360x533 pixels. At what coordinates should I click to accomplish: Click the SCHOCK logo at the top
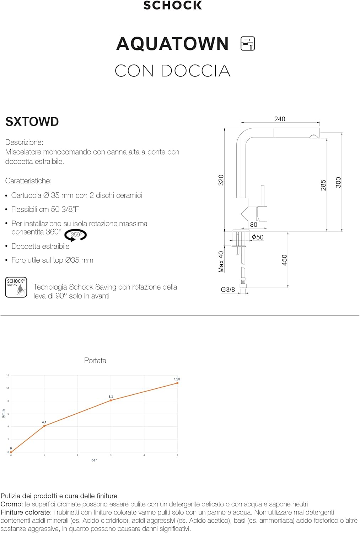point(172,5)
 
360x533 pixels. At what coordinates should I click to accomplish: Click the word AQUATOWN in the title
point(172,44)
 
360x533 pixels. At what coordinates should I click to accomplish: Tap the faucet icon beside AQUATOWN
point(247,44)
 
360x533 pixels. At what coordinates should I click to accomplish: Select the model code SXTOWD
point(32,122)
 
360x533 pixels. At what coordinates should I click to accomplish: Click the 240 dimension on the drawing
point(280,119)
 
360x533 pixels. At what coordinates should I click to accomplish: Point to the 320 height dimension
point(221,180)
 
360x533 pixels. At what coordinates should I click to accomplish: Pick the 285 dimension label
point(323,185)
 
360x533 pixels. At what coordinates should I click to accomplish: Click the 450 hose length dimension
point(284,260)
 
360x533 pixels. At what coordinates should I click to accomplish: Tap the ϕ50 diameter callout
point(257,237)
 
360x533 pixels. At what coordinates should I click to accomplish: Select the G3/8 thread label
point(228,290)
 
